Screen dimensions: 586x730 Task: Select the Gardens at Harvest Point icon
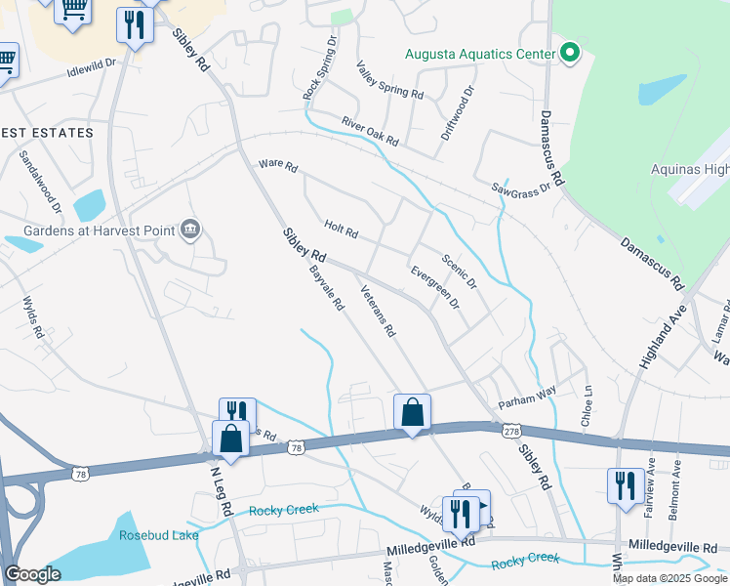(190, 230)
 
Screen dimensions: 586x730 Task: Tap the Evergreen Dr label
(434, 288)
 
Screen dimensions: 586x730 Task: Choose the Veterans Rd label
(377, 311)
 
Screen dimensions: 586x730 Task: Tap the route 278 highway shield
(510, 431)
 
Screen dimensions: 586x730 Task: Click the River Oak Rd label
(370, 132)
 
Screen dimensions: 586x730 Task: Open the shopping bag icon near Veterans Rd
(412, 413)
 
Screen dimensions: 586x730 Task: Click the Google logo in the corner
(33, 574)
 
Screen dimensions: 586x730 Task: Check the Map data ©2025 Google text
(669, 578)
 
